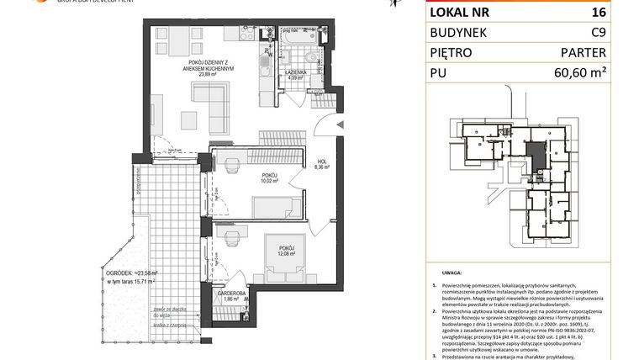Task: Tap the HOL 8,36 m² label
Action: pos(321,164)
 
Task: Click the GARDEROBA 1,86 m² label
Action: pos(234,295)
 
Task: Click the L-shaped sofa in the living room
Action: pos(215,109)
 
